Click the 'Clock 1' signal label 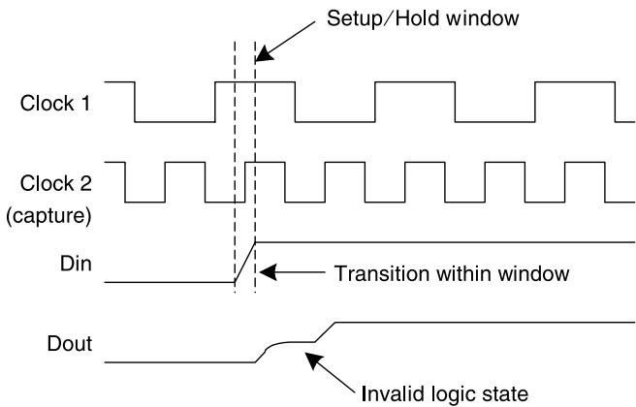(x=55, y=103)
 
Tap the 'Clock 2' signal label (x=56, y=183)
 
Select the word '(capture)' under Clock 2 (x=48, y=215)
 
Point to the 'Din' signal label (x=76, y=264)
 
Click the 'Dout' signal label (x=70, y=343)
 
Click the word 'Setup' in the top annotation (x=354, y=18)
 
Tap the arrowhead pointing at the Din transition (x=268, y=272)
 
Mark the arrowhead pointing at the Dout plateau (x=313, y=360)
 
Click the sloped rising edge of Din (x=244, y=263)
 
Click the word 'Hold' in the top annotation (x=417, y=18)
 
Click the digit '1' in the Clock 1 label (x=84, y=103)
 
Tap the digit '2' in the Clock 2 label (x=85, y=183)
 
